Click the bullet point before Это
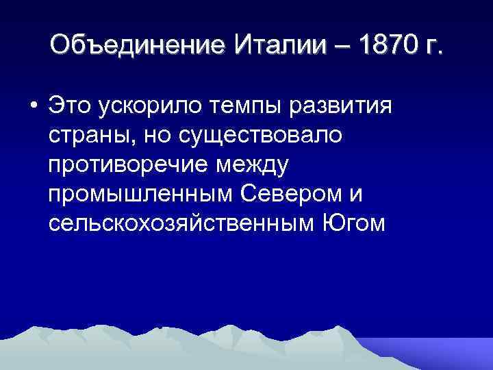(x=32, y=109)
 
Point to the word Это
(x=71, y=108)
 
